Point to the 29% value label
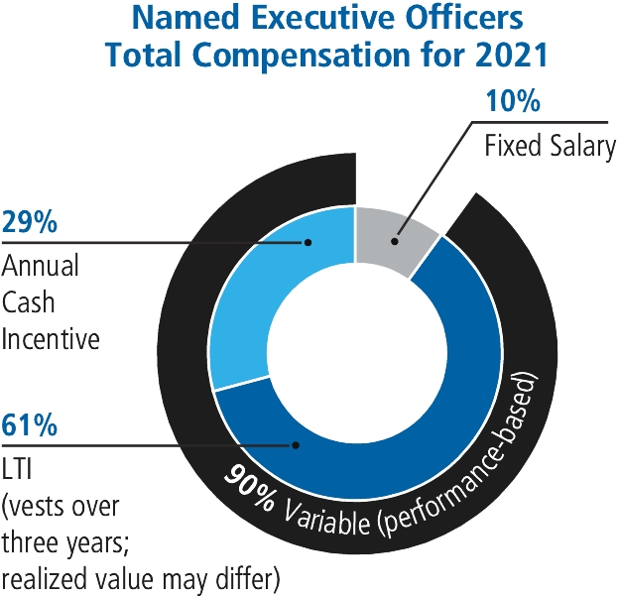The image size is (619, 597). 29,223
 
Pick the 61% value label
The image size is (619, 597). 29,427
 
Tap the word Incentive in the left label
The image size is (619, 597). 51,338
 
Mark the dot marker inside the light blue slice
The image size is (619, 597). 308,241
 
